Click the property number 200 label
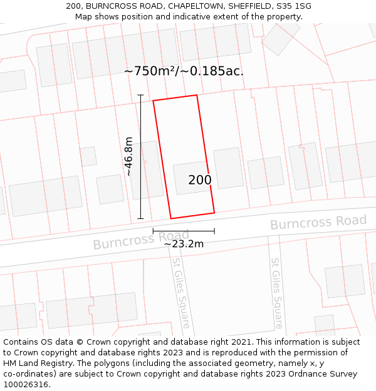pyautogui.click(x=200, y=180)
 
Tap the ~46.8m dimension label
pyautogui.click(x=128, y=156)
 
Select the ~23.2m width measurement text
pyautogui.click(x=184, y=244)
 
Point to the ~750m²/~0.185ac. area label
pyautogui.click(x=184, y=71)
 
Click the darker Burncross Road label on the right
pyautogui.click(x=318, y=222)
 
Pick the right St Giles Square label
pyautogui.click(x=277, y=292)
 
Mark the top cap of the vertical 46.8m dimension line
pyautogui.click(x=140, y=96)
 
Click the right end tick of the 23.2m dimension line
pyautogui.click(x=214, y=231)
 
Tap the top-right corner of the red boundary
pyautogui.click(x=197, y=95)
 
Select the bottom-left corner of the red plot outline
pyautogui.click(x=170, y=218)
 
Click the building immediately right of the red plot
pyautogui.click(x=228, y=168)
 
